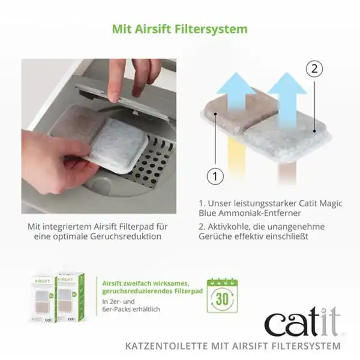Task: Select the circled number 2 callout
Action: [x=313, y=69]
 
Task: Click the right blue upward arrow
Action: [x=286, y=95]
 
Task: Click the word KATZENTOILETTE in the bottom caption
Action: [x=159, y=346]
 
